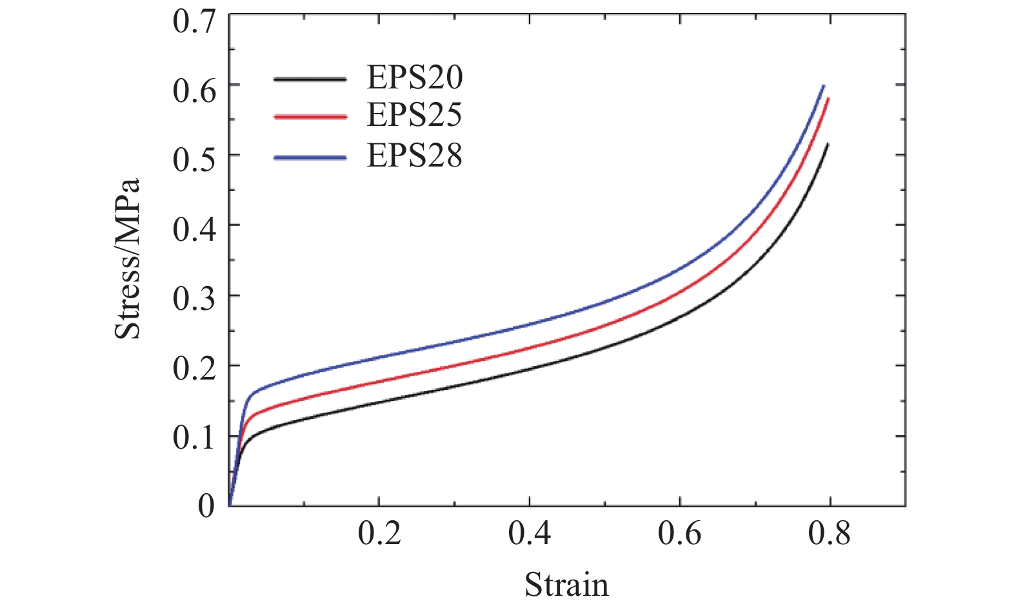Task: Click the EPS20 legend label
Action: (415, 78)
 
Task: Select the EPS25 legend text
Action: (415, 116)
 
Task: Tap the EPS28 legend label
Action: (415, 156)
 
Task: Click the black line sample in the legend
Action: (310, 79)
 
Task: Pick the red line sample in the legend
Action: (310, 117)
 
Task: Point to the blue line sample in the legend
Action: (310, 157)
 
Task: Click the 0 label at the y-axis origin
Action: (206, 505)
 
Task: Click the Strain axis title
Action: (566, 585)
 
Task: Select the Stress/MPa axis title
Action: (127, 259)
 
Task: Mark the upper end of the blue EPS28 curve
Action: (824, 85)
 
